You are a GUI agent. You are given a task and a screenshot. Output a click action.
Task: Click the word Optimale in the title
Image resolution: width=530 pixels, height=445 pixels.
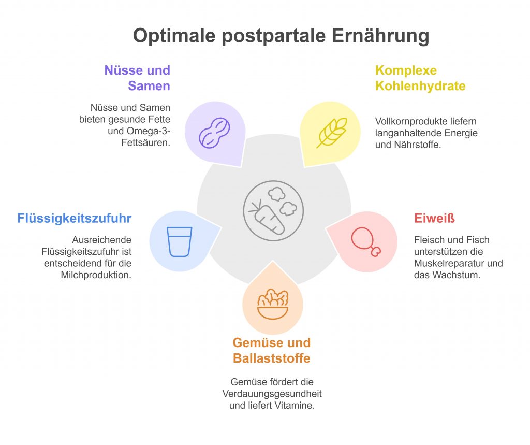[174, 36]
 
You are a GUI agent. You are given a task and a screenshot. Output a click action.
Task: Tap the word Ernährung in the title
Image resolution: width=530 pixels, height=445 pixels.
[380, 36]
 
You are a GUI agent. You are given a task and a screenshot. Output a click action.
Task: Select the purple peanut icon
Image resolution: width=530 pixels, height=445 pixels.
[214, 133]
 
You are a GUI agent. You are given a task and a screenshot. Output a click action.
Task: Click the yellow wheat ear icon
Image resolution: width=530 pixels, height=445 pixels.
[332, 133]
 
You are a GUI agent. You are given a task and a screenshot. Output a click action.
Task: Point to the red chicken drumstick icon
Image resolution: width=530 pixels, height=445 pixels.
[366, 241]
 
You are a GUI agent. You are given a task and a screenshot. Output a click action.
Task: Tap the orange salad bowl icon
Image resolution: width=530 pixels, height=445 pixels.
[273, 304]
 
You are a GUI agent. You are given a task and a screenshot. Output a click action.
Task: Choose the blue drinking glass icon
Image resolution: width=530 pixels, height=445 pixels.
[180, 241]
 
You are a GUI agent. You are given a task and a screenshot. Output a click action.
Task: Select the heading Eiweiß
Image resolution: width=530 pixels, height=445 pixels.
[434, 218]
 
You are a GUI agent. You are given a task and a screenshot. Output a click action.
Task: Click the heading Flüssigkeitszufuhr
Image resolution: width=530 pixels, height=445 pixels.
[75, 218]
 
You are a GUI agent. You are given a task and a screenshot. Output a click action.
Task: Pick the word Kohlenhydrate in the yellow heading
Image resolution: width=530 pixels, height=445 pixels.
[420, 86]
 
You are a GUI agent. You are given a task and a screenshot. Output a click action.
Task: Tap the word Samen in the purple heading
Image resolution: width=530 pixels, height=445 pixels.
[149, 86]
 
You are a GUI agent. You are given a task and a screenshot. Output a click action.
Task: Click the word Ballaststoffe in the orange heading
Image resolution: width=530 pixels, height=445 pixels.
[271, 358]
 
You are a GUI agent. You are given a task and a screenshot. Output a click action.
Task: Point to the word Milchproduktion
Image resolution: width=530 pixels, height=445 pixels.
[96, 275]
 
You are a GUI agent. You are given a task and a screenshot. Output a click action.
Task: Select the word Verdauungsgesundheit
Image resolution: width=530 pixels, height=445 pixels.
[272, 394]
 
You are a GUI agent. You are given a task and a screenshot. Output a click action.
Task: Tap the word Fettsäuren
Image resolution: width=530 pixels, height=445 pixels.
[145, 142]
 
